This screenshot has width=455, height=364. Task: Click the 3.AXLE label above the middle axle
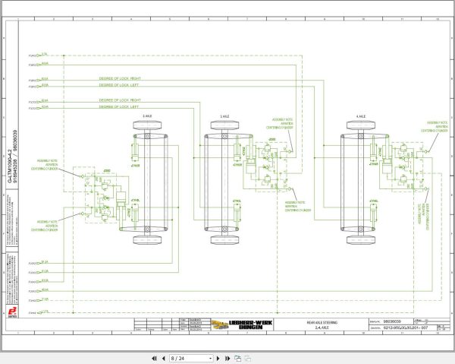224,116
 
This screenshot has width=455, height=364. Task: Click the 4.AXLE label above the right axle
360,116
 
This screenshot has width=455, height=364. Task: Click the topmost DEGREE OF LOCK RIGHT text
120,78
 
